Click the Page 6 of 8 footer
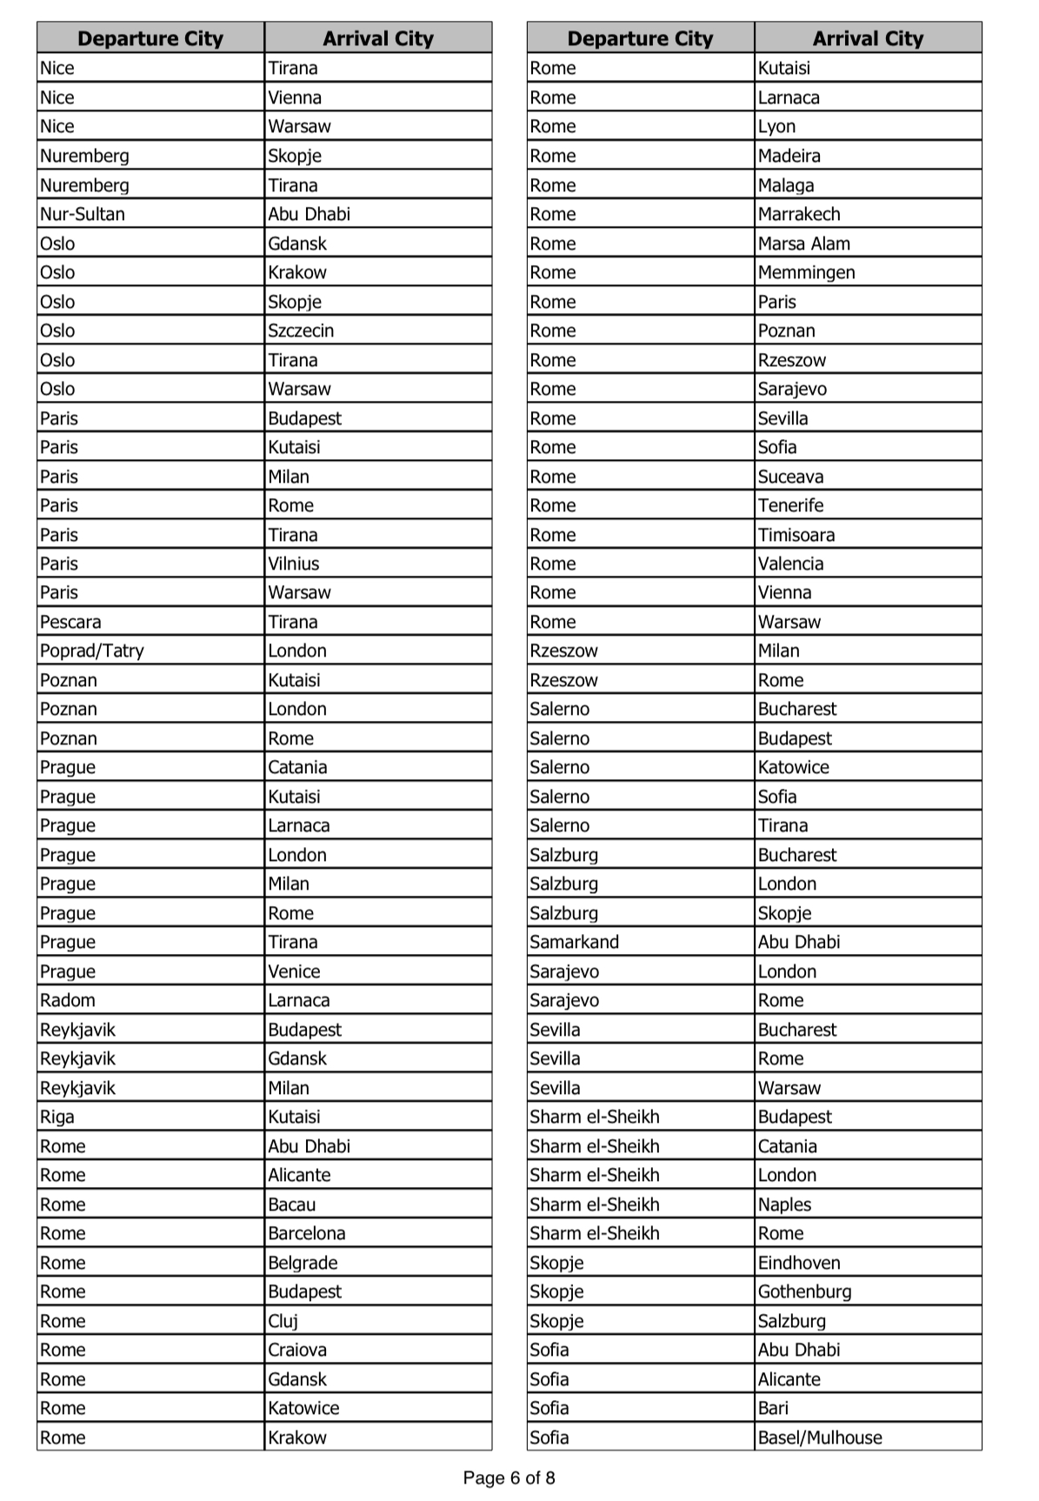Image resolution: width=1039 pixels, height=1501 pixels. pos(509,1478)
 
